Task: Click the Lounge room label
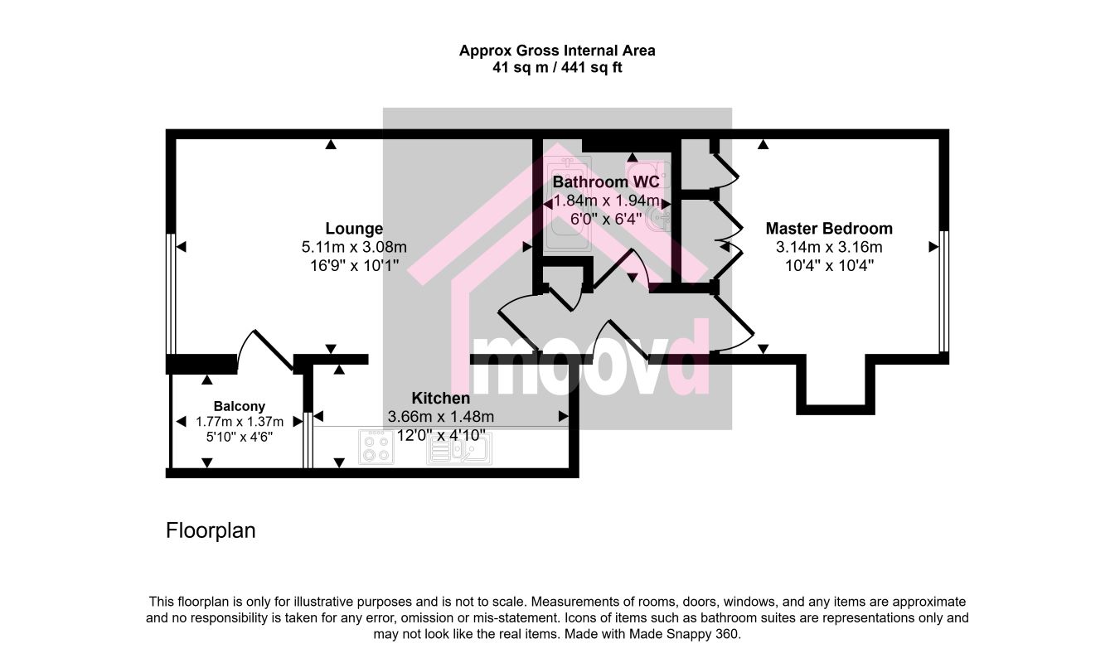[x=354, y=229]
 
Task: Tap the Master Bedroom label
[x=829, y=229]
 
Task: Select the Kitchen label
[x=440, y=398]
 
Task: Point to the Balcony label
[x=240, y=406]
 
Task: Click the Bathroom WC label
[x=606, y=182]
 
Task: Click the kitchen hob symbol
[x=376, y=448]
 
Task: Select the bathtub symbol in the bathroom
[x=568, y=203]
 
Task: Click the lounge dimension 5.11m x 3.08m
[x=354, y=247]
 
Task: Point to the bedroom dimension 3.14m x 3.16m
[x=829, y=247]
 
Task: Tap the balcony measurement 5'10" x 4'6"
[x=240, y=437]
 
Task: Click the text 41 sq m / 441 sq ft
[x=557, y=67]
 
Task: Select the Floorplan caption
[x=211, y=530]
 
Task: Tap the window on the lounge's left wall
[x=171, y=293]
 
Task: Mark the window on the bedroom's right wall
[x=943, y=291]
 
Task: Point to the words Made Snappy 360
[x=685, y=635]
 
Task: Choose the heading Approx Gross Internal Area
[x=557, y=51]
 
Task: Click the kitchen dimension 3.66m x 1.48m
[x=440, y=417]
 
